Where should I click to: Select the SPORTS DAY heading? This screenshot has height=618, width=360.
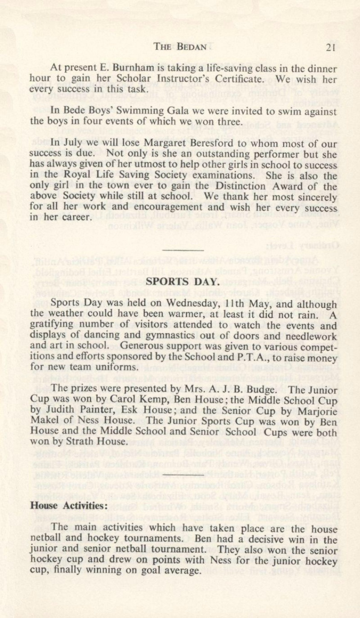pos(183,282)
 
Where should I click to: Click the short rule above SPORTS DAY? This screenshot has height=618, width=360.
pos(183,250)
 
